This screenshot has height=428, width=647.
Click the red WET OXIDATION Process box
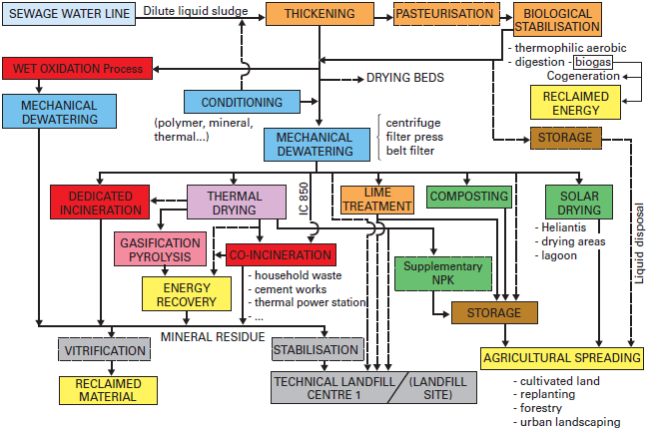point(78,69)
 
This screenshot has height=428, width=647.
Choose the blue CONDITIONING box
point(242,102)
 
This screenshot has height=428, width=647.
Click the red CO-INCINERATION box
point(281,254)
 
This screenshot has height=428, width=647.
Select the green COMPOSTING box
point(469,196)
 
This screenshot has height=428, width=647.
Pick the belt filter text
point(412,151)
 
